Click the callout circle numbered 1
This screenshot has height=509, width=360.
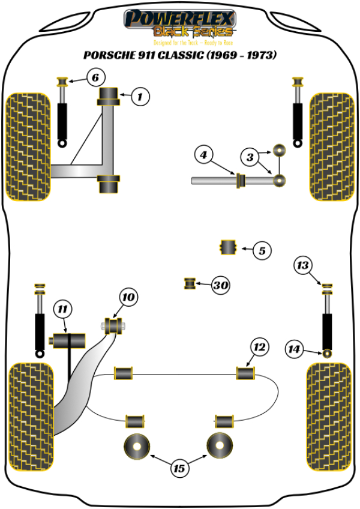point(140,96)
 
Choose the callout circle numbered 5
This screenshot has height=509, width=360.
point(262,250)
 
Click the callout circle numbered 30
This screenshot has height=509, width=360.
point(221,286)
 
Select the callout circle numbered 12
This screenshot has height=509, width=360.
point(259,346)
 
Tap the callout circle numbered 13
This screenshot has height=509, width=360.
point(304,264)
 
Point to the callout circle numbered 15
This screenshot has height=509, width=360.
point(179,468)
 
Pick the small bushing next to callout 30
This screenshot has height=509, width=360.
point(190,283)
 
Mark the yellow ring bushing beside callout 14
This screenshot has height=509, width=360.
point(328,352)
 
